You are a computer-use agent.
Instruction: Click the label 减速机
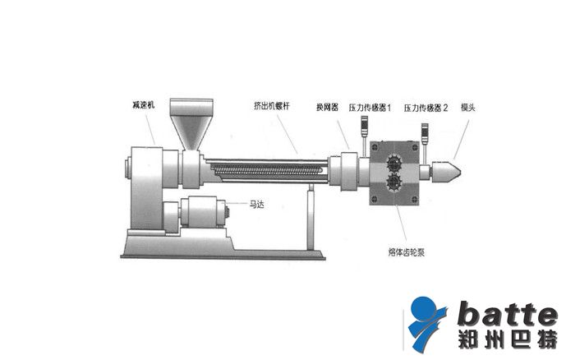pos(143,105)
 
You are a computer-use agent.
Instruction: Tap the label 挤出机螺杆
pos(272,106)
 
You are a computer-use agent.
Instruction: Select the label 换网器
pos(327,107)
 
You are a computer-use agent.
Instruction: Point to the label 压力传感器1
pos(370,108)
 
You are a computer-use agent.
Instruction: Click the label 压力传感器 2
pos(426,108)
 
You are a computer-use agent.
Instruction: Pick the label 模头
pos(467,107)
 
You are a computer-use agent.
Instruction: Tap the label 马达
pos(256,205)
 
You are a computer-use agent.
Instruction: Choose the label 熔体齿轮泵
pos(407,252)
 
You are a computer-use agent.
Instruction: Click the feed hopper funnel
pos(191,124)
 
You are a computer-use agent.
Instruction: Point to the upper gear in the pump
pos(393,164)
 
